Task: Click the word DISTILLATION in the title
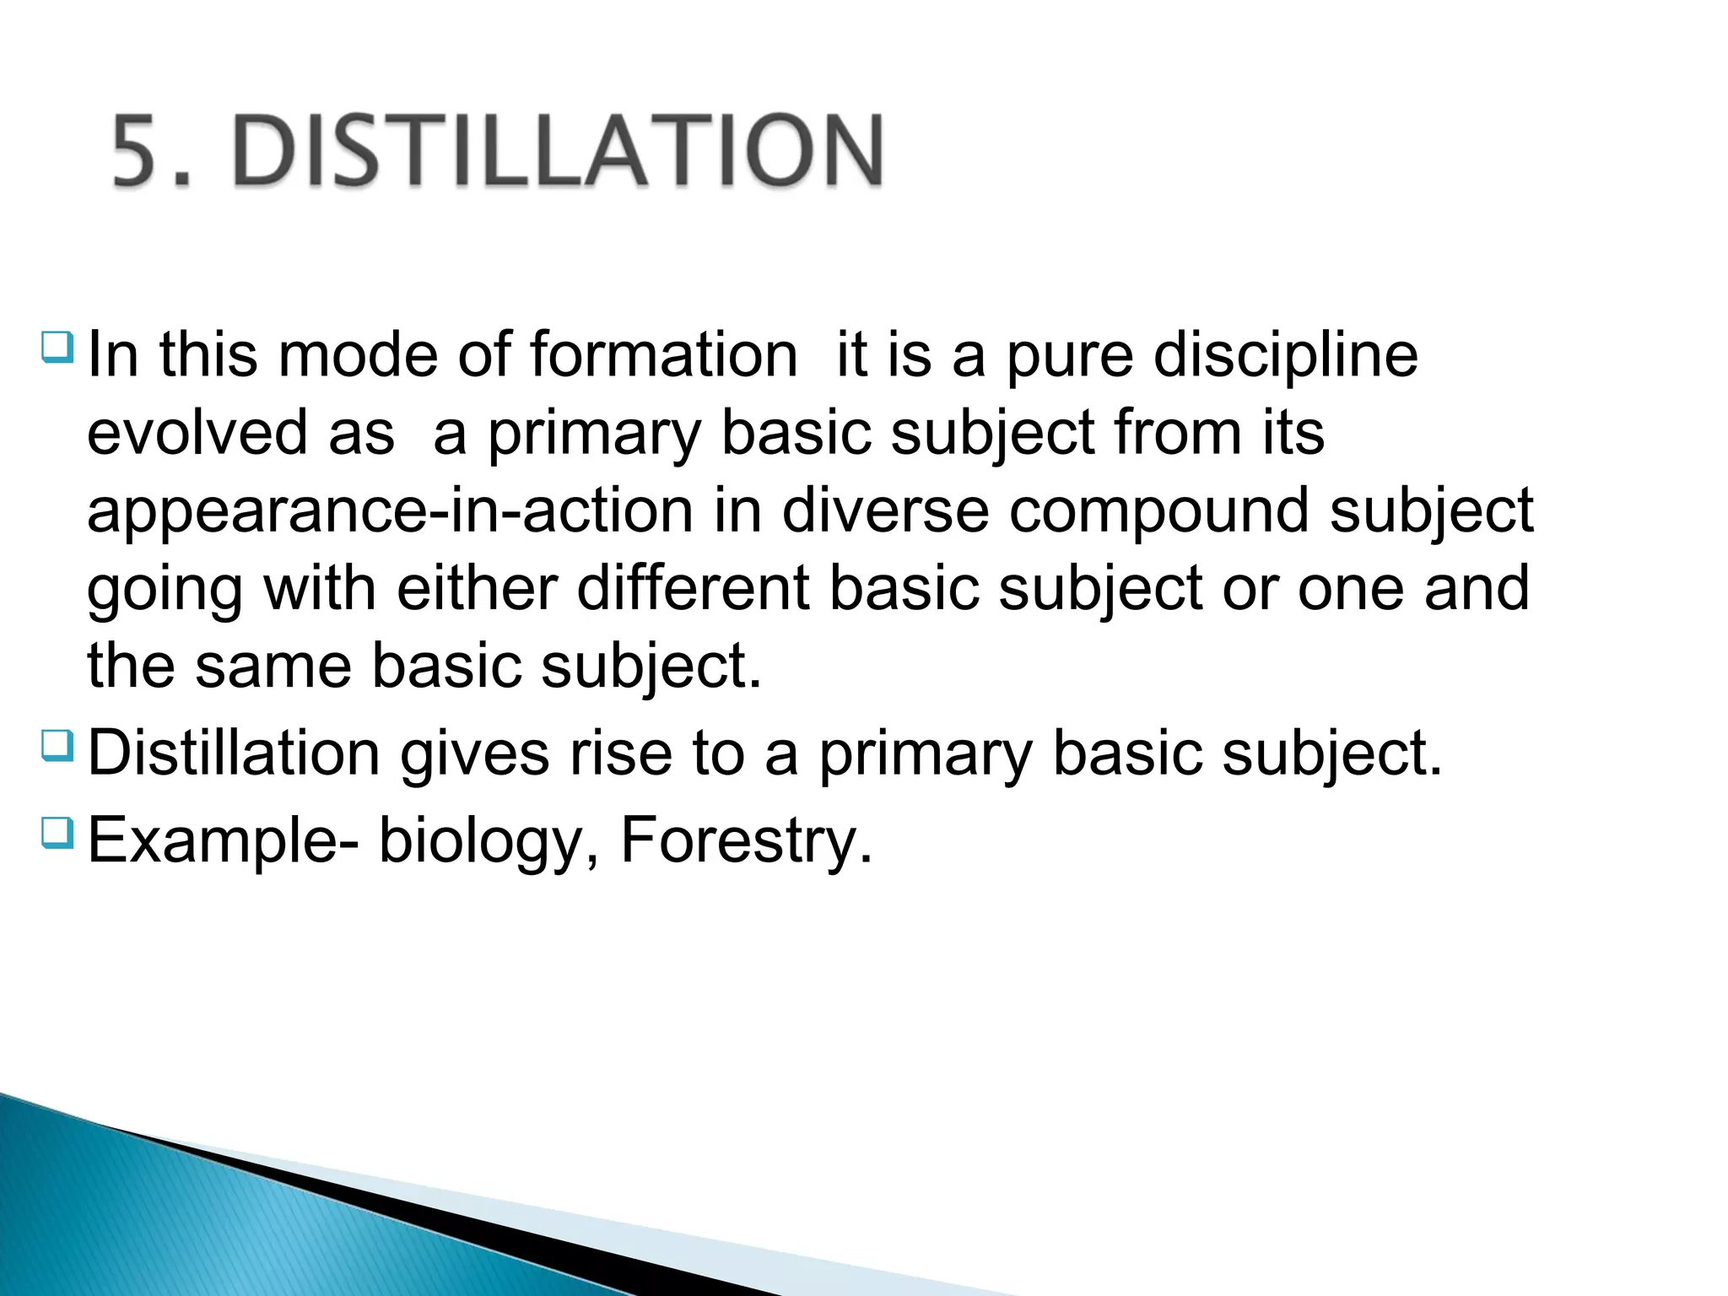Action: (x=557, y=152)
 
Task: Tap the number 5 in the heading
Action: (x=138, y=152)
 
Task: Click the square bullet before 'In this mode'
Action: (x=57, y=346)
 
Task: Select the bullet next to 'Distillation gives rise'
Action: (x=57, y=746)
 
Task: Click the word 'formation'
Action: (x=663, y=354)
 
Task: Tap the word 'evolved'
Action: (x=197, y=433)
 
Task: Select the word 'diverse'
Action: (x=885, y=510)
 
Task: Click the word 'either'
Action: (x=477, y=588)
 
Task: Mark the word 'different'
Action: (x=693, y=588)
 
